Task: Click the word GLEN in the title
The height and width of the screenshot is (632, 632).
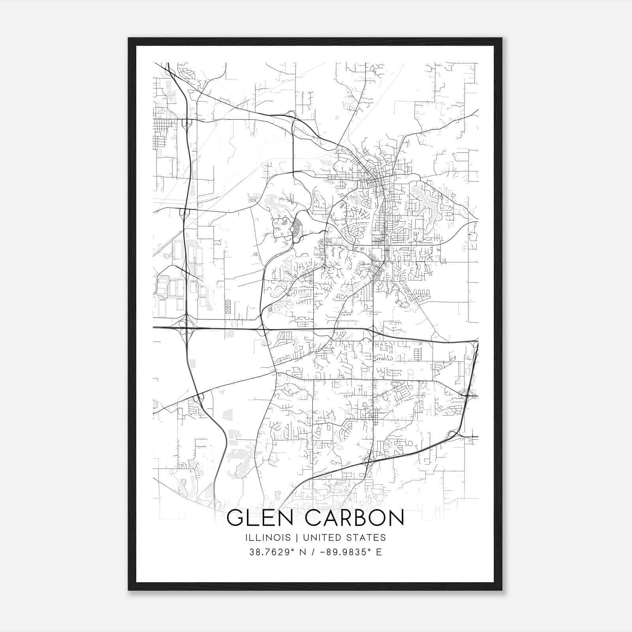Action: pyautogui.click(x=260, y=518)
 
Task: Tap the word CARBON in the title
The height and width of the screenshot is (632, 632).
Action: pyautogui.click(x=355, y=518)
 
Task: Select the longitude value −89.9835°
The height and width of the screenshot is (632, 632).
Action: pyautogui.click(x=343, y=552)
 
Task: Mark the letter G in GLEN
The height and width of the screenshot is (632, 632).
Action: pyautogui.click(x=236, y=518)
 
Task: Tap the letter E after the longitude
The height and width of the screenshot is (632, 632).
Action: pyautogui.click(x=379, y=552)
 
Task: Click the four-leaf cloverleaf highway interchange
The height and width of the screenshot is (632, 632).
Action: pyautogui.click(x=185, y=327)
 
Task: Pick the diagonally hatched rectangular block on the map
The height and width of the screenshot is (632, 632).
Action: pyautogui.click(x=228, y=307)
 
